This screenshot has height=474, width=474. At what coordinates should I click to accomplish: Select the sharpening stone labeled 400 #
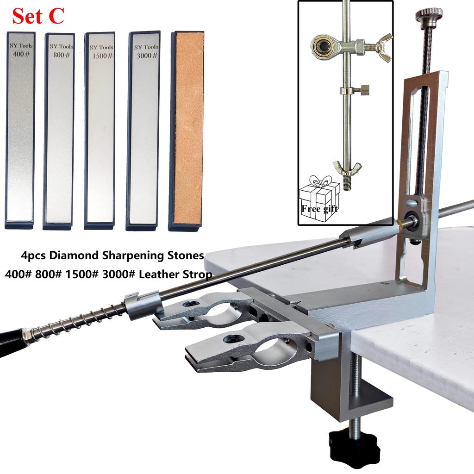[20, 130]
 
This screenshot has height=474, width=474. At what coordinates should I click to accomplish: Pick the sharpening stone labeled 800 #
[59, 130]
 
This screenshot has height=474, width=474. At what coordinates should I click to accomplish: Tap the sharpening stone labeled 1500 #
[100, 130]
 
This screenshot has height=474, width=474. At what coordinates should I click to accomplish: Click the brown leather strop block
[187, 130]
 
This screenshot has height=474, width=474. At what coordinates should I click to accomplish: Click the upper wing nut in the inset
[384, 47]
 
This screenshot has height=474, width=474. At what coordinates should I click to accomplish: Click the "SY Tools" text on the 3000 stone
[146, 47]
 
